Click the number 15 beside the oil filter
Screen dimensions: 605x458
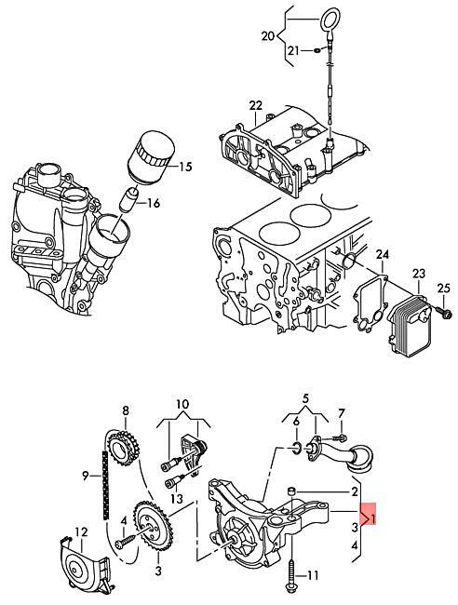click(184, 167)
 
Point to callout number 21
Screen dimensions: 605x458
click(293, 49)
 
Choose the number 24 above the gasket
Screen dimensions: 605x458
click(382, 253)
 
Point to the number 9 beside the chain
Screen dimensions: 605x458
click(85, 476)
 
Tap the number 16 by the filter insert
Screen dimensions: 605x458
click(154, 203)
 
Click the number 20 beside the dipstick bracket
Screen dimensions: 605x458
click(269, 37)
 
